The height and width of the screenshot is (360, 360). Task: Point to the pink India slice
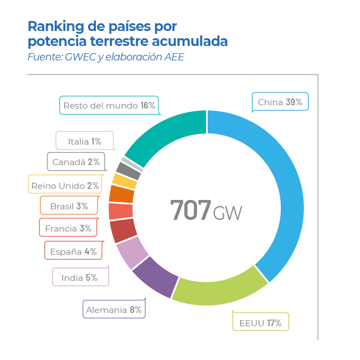(132, 253)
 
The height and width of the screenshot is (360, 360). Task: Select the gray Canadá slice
(128, 169)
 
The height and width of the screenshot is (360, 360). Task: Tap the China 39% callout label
(280, 102)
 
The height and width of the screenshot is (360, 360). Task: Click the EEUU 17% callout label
(260, 322)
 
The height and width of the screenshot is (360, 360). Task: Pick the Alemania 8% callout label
(114, 310)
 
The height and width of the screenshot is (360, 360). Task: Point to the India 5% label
(80, 277)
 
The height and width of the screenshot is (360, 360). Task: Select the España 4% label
(73, 251)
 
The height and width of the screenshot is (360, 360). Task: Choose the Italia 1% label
(84, 142)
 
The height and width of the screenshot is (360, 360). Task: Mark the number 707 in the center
(191, 210)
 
